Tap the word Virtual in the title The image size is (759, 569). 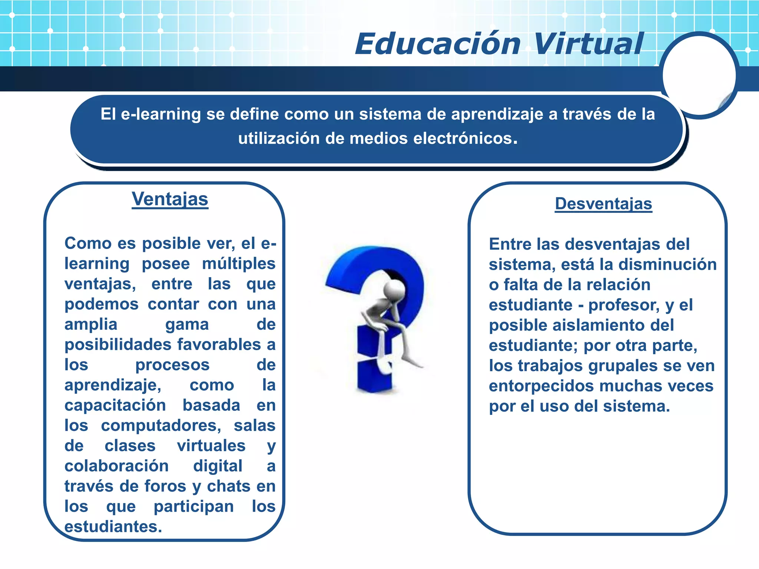tap(589, 44)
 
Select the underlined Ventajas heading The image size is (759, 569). tap(170, 199)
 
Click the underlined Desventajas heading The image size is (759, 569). tap(603, 204)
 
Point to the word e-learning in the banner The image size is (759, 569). tap(161, 114)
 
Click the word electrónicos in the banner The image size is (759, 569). tap(465, 139)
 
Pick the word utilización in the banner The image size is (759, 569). tap(279, 139)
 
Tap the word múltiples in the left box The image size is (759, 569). tap(239, 264)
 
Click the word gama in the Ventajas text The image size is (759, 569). tap(187, 325)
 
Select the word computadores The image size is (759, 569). tap(161, 426)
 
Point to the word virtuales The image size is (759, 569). tap(211, 446)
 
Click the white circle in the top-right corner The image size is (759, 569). tap(699, 76)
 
